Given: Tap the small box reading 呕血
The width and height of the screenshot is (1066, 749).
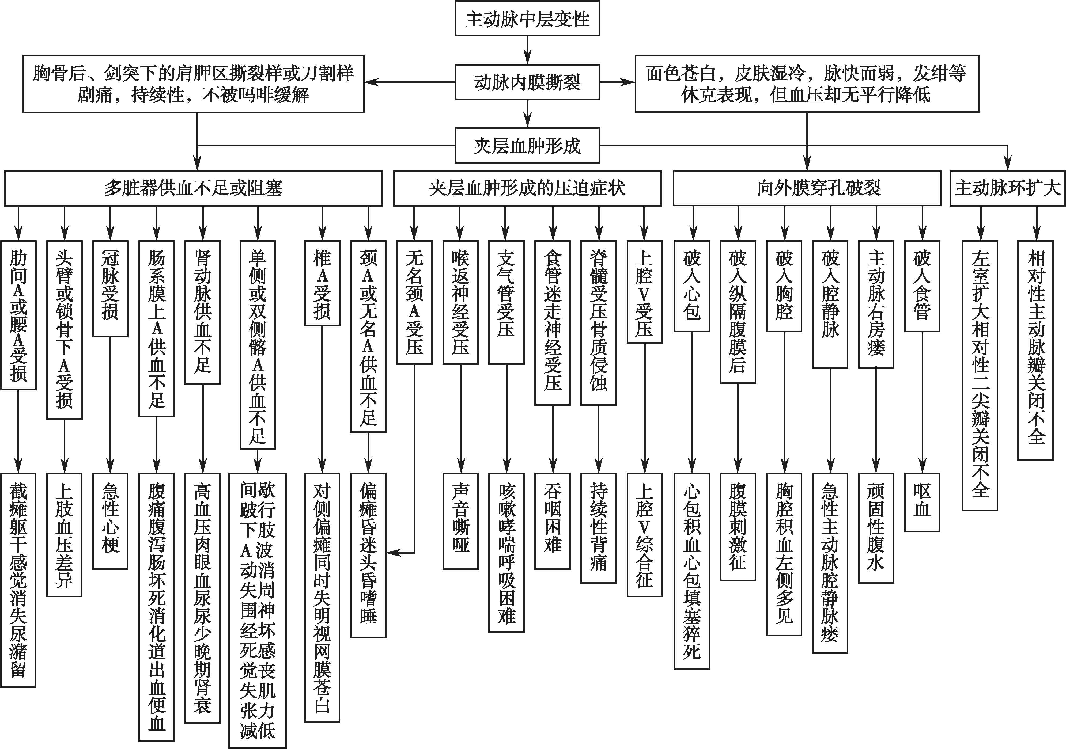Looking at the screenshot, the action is tap(922, 502).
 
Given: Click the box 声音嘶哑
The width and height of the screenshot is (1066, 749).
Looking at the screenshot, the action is tap(460, 521).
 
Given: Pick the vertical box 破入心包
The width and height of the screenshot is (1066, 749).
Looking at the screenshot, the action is tap(692, 286).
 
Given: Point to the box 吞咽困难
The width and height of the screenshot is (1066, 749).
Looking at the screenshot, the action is tap(553, 521).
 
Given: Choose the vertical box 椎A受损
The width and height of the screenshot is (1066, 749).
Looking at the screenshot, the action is tap(322, 283).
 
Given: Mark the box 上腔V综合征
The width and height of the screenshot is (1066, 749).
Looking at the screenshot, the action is tap(644, 535).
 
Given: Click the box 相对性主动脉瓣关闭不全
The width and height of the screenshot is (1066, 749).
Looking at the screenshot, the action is tap(1035, 350).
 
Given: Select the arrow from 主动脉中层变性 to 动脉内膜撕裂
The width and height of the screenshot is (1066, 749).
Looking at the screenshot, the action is tap(527, 50).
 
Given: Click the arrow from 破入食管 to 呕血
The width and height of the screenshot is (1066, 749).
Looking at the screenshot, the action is tap(922, 402).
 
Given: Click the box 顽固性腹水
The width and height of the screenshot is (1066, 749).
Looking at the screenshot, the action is tap(876, 528).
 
